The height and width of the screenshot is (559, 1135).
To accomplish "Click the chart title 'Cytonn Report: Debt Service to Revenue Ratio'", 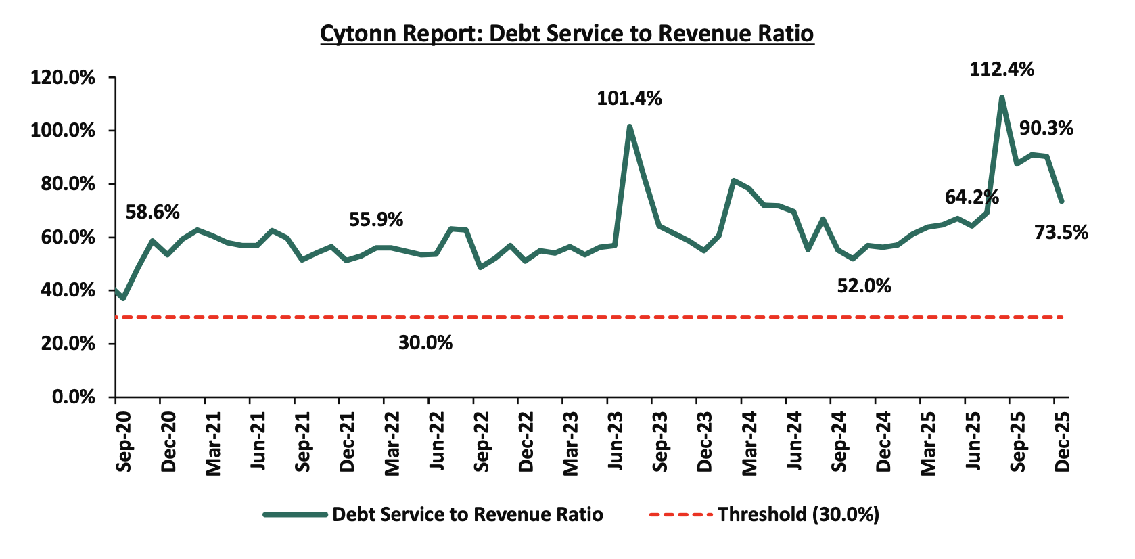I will pos(567,33).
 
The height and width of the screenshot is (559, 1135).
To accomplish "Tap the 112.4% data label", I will pos(1001,69).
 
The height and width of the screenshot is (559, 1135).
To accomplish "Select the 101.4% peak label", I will pos(629,99).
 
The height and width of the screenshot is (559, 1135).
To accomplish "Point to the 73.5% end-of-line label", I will pos(1061,233).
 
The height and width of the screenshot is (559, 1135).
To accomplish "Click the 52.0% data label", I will pos(864,286).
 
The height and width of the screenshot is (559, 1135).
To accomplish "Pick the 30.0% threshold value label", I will pos(425,342).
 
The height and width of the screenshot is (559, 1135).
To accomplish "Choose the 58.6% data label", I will pos(153,213).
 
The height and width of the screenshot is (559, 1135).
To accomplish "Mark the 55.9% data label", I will pos(376,220).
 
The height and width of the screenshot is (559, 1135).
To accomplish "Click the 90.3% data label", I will pos(1046,128).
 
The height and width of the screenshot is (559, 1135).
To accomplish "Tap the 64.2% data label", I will pos(971,197).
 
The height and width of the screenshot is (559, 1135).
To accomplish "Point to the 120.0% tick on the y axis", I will pos(62,78).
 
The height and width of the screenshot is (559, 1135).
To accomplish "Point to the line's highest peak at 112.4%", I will pos(1002,98).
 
